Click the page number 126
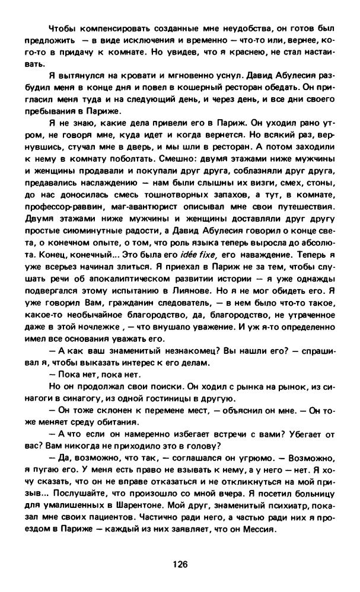180,564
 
